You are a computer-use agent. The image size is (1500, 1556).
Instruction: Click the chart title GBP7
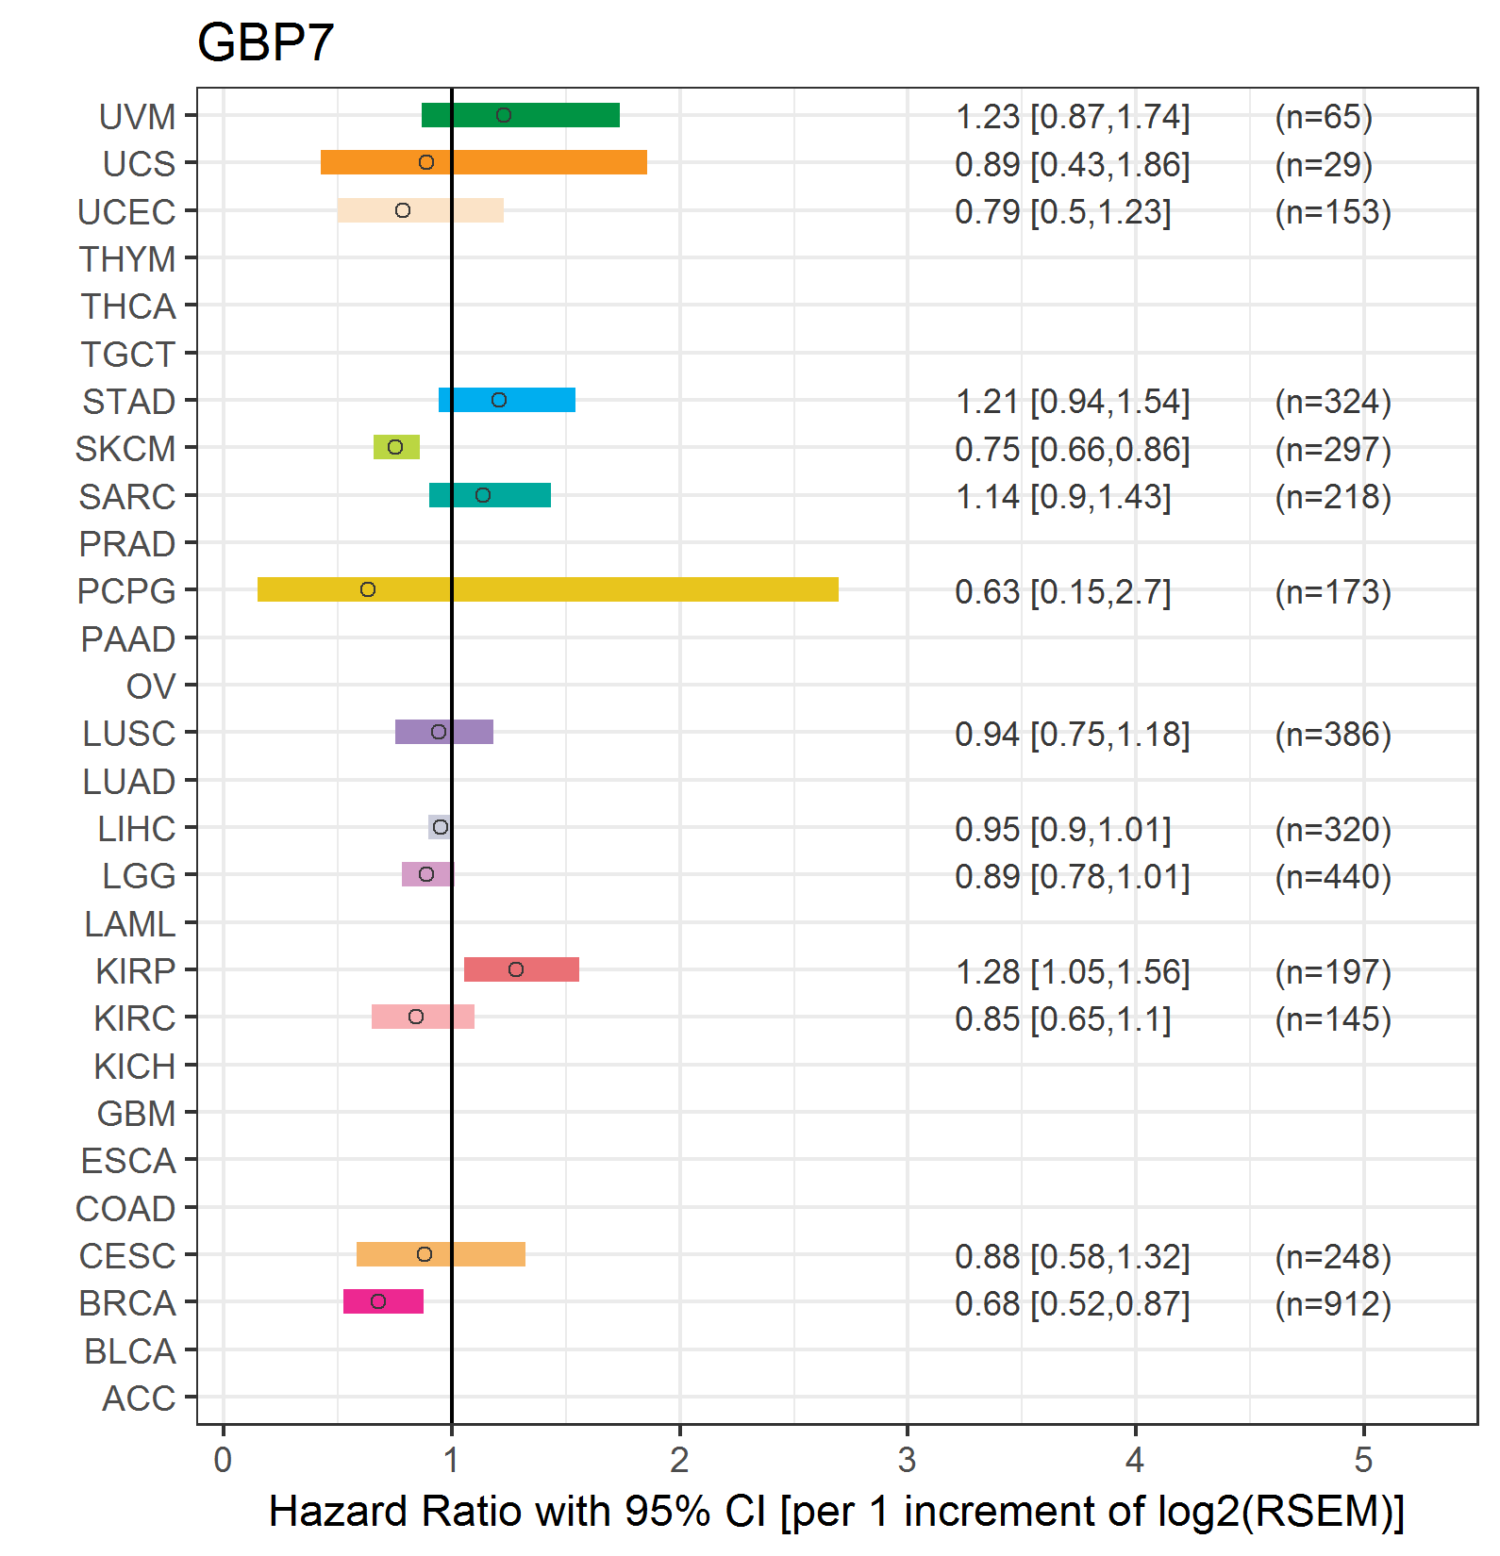click(x=265, y=42)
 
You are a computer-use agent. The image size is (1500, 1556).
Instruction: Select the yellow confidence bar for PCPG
click(x=548, y=589)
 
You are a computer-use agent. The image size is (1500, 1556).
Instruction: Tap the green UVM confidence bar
click(x=521, y=115)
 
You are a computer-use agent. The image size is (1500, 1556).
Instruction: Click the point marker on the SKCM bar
click(x=395, y=447)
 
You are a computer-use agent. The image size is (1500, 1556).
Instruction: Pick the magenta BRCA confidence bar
click(x=383, y=1301)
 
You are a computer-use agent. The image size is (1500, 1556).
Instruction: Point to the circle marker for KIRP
click(x=516, y=969)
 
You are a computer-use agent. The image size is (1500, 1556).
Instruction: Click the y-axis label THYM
click(x=127, y=259)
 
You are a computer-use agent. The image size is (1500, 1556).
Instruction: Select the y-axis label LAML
click(x=130, y=924)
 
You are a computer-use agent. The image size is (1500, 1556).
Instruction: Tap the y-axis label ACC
click(x=139, y=1399)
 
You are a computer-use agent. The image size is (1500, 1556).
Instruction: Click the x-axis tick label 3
click(x=908, y=1460)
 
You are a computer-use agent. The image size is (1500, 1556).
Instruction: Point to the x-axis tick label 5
click(x=1363, y=1460)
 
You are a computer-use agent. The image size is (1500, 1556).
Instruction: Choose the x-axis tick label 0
click(x=223, y=1460)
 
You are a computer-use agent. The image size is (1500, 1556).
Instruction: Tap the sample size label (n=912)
click(x=1333, y=1304)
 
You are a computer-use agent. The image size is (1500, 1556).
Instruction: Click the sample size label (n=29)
click(x=1324, y=165)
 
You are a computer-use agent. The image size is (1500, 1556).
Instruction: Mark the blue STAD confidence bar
click(x=508, y=400)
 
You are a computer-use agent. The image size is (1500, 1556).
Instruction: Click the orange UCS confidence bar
click(x=484, y=162)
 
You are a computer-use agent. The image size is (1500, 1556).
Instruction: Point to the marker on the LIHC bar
click(x=441, y=827)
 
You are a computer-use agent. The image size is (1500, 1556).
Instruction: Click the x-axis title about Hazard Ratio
click(x=837, y=1512)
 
